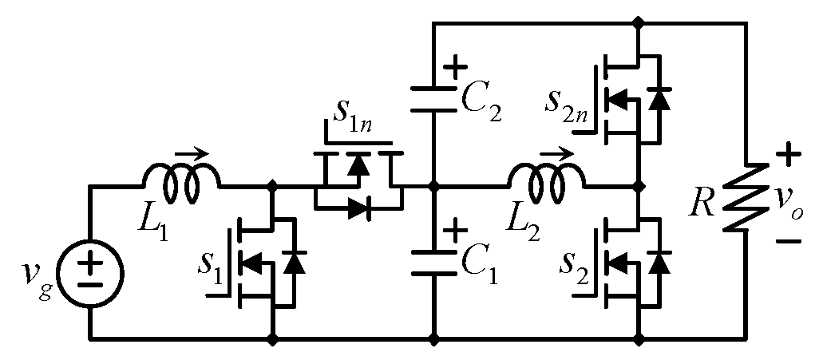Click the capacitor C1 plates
click(433, 263)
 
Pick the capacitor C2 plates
click(433, 99)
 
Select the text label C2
click(483, 102)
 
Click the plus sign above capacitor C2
click(455, 66)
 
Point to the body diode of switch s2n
click(659, 99)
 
